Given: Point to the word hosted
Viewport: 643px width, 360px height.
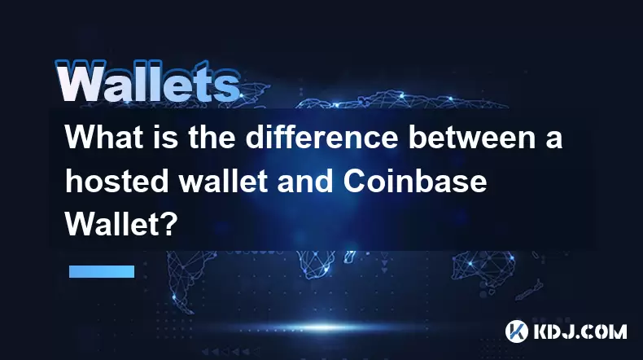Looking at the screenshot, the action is pos(117,181).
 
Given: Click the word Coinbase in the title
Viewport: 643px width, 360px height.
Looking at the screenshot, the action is pos(415,181).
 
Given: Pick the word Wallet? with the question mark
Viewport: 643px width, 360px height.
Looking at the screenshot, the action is pos(121,224).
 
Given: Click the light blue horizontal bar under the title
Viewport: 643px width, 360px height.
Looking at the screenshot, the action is pos(102,271).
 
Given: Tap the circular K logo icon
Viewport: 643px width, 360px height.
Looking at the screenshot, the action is pos(516,331).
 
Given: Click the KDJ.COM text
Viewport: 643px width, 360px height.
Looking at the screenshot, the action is pos(580,331).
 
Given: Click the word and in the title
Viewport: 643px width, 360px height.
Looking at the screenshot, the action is pos(305,181).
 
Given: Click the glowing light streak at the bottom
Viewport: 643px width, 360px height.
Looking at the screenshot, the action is pos(324,327).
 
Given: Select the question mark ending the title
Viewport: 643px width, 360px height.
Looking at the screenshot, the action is pos(171,224).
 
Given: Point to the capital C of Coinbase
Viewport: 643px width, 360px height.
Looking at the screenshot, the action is pos(355,181).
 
